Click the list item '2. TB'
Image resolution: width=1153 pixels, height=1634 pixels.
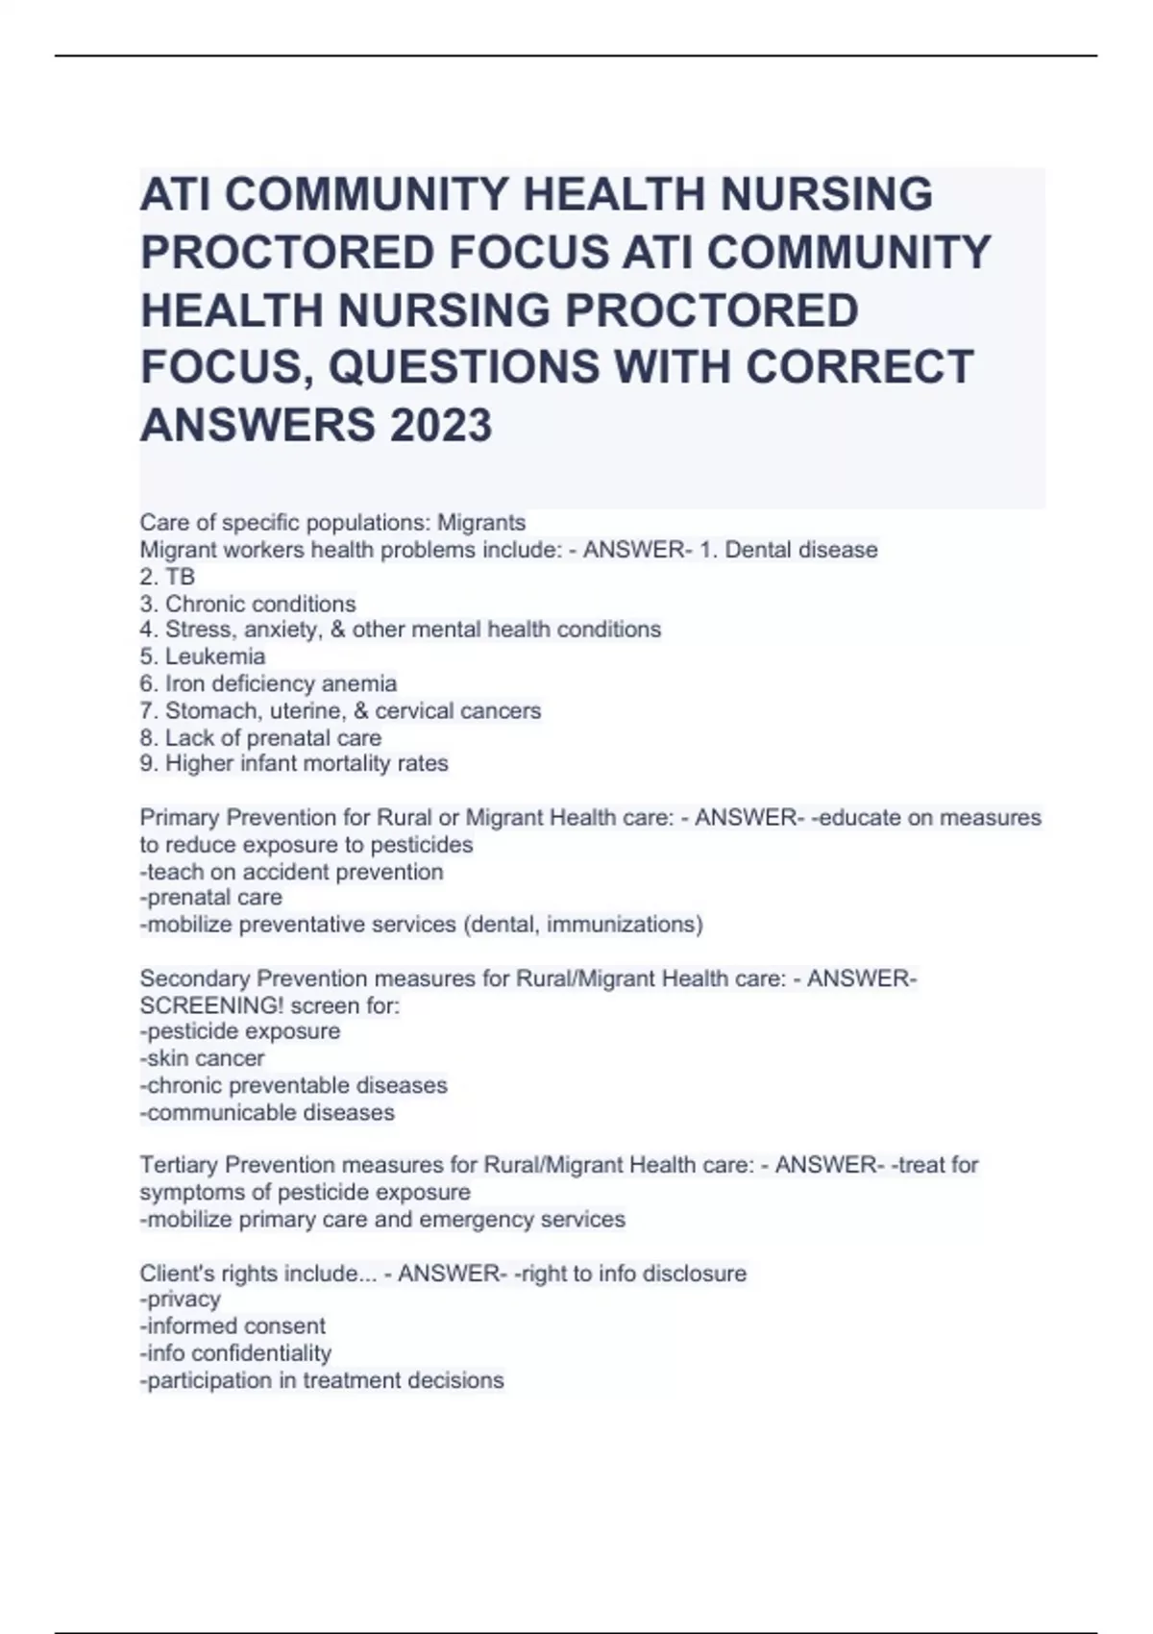coord(167,577)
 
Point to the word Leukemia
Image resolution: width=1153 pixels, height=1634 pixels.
coord(215,657)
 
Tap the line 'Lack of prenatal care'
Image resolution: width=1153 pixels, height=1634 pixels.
coord(273,738)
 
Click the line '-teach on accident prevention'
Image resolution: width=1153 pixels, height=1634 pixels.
coord(292,873)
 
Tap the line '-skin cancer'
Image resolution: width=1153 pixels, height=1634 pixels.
coord(203,1059)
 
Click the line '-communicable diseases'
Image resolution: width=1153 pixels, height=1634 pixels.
coord(268,1113)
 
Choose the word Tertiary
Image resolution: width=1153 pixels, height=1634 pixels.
coord(179,1166)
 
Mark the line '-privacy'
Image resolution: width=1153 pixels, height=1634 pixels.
coord(181,1300)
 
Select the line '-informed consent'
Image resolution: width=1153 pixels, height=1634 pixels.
coord(233,1326)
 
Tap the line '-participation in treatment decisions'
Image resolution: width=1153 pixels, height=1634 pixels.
coord(322,1381)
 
